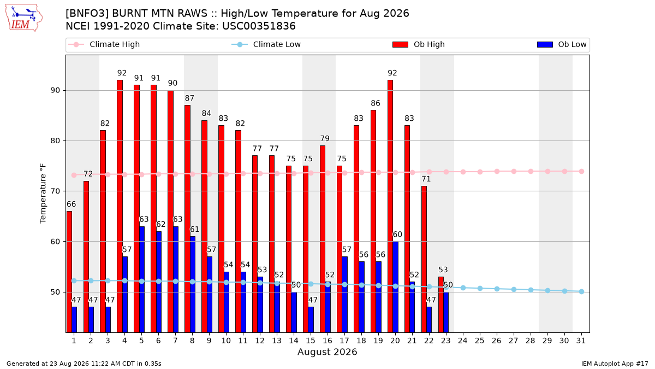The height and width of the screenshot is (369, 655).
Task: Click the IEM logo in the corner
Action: coord(23,18)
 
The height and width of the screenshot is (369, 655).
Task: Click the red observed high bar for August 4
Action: coord(120,206)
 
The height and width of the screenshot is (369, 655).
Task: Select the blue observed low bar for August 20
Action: coord(395,287)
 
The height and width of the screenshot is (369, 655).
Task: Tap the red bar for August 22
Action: coord(424,259)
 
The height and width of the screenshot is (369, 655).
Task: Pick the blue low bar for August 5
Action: coord(142,279)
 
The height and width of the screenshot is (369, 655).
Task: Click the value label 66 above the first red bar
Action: coord(71,204)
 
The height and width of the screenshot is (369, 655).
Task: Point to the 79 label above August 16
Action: coord(325,138)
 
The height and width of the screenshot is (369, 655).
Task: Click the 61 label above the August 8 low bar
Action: coord(194,229)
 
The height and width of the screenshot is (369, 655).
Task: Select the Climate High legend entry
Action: coord(104,44)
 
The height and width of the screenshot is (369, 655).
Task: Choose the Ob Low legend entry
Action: coord(562,44)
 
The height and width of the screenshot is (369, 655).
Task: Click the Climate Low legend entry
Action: coord(266,44)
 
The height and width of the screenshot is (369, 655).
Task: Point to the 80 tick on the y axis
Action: coord(55,141)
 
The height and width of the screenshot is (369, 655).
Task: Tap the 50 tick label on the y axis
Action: coord(55,292)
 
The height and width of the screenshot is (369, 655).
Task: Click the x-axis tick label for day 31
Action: coord(581,341)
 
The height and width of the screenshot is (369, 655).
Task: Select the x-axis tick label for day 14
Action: coord(294,341)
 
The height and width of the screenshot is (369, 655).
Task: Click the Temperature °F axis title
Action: coord(43,194)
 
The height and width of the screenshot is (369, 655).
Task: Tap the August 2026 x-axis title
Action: coord(327,352)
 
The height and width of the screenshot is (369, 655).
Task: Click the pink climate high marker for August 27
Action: coord(514,171)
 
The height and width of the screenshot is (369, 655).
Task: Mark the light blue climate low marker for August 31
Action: coord(582,291)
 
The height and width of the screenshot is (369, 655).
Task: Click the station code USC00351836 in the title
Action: coord(259,26)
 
